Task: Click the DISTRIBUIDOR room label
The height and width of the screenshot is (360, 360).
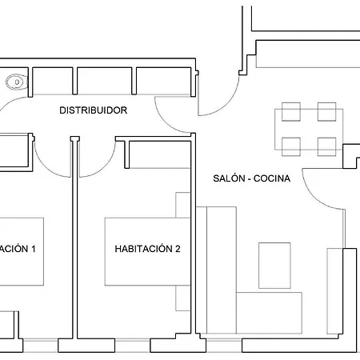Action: (94, 110)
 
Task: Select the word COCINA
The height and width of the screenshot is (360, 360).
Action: (272, 178)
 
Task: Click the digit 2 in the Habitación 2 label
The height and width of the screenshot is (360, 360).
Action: (178, 249)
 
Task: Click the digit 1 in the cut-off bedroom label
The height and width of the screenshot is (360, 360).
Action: (33, 249)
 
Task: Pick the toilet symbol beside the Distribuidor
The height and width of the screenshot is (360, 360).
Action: (14, 81)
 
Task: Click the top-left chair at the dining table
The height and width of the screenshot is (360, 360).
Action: (290, 112)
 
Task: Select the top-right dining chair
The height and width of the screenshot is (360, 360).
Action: (325, 112)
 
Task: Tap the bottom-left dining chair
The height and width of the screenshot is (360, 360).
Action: (290, 146)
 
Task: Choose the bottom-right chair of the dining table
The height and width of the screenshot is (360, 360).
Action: (325, 146)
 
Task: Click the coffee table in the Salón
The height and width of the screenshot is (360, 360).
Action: (274, 264)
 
